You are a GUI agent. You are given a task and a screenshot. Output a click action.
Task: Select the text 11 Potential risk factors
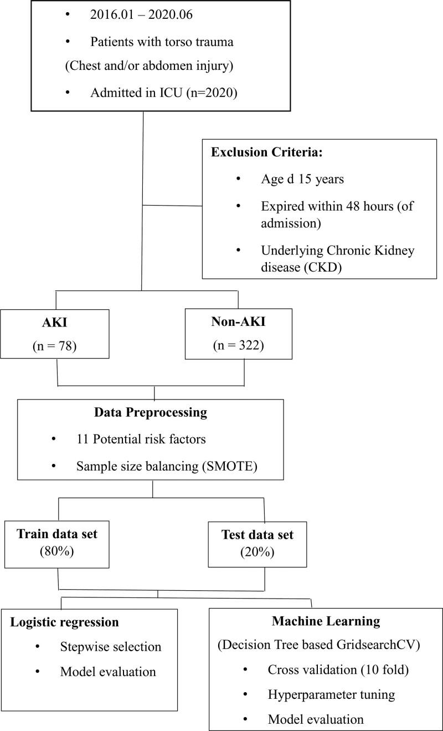[141, 439]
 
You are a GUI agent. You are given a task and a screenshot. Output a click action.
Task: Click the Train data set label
[58, 534]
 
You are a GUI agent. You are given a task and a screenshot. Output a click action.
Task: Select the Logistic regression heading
[65, 622]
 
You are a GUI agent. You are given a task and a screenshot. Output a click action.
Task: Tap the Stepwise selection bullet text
[110, 647]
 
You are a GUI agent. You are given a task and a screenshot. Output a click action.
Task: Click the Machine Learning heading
[326, 621]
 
